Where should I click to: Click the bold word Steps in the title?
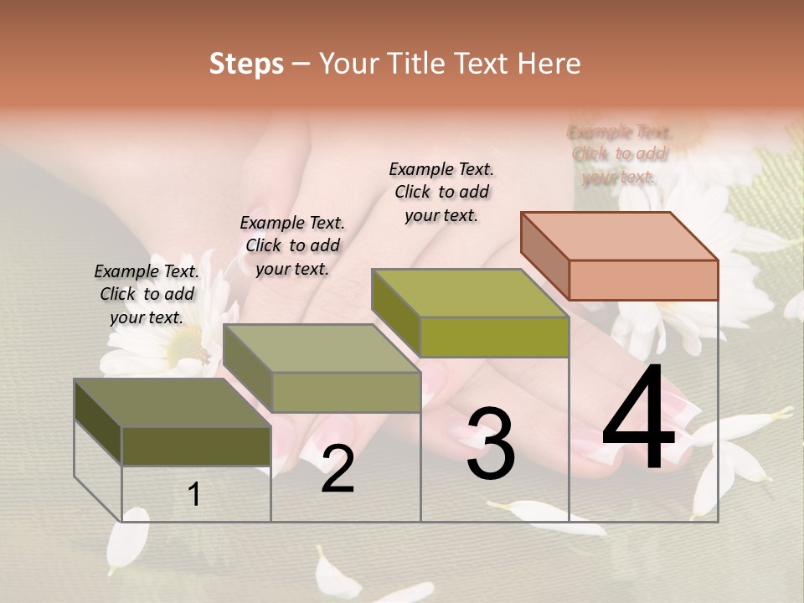[x=246, y=64]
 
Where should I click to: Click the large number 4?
[x=638, y=419]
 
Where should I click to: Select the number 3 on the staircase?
[x=491, y=444]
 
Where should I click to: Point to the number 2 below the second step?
[x=338, y=469]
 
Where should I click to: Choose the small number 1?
[x=194, y=495]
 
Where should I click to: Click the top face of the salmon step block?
[x=619, y=235]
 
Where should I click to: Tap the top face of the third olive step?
[x=470, y=293]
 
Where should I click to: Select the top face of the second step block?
[x=322, y=348]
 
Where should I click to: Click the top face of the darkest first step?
[x=173, y=403]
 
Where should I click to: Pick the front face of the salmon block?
[x=643, y=280]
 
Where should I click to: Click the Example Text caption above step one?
[x=147, y=294]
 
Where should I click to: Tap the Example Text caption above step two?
[x=292, y=245]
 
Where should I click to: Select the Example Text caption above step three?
[x=441, y=192]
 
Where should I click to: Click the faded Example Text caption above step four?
[x=619, y=154]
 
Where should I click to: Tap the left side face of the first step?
[x=98, y=421]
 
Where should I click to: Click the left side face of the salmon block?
[x=544, y=255]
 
